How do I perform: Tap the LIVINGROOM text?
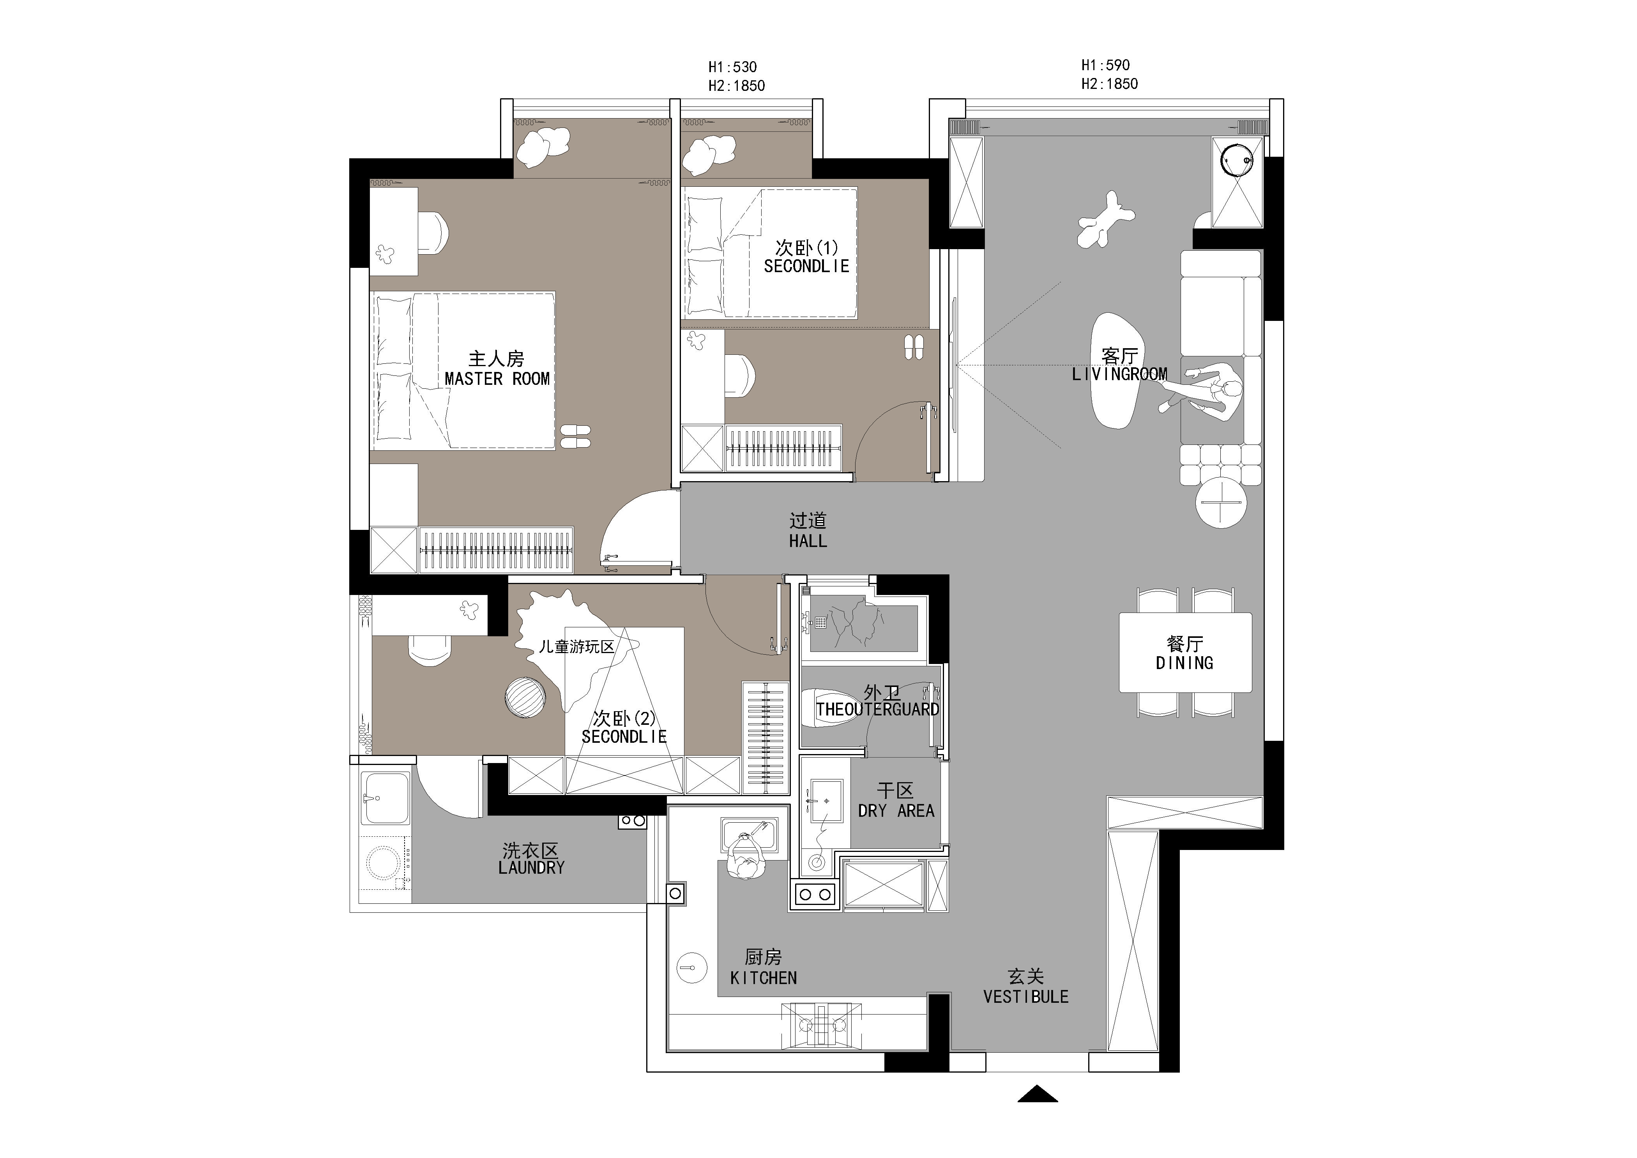coord(1119,374)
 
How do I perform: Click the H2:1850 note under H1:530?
coord(737,85)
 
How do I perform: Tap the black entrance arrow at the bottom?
coord(1038,1094)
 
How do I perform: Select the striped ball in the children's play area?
coord(525,697)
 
